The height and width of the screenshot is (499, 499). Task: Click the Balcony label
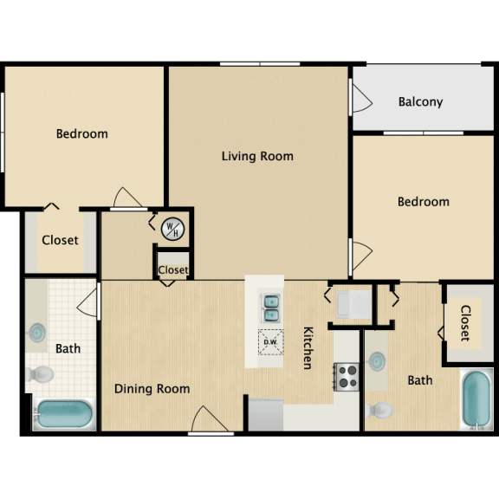pyautogui.click(x=420, y=101)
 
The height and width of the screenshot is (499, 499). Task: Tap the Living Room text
pyautogui.click(x=257, y=157)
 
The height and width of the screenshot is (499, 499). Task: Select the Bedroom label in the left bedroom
pyautogui.click(x=82, y=133)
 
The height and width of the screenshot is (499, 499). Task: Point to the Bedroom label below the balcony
pyautogui.click(x=423, y=202)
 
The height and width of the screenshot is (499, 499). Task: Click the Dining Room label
pyautogui.click(x=152, y=389)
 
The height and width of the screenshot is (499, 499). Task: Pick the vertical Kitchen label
pyautogui.click(x=308, y=348)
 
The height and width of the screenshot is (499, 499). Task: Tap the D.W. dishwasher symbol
pyautogui.click(x=269, y=341)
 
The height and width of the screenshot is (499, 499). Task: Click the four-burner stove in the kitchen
pyautogui.click(x=347, y=376)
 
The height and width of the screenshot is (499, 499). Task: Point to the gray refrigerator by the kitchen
pyautogui.click(x=266, y=413)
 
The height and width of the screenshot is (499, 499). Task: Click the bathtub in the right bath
pyautogui.click(x=476, y=398)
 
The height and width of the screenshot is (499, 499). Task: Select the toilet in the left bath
pyautogui.click(x=40, y=374)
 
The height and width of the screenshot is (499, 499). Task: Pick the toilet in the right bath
pyautogui.click(x=379, y=409)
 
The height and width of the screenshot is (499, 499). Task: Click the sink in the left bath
pyautogui.click(x=39, y=333)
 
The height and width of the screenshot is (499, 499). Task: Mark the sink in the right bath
pyautogui.click(x=378, y=359)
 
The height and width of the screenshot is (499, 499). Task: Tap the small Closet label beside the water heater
pyautogui.click(x=173, y=270)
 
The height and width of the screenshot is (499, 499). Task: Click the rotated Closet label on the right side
pyautogui.click(x=465, y=323)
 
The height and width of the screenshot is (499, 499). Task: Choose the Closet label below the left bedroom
pyautogui.click(x=60, y=240)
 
